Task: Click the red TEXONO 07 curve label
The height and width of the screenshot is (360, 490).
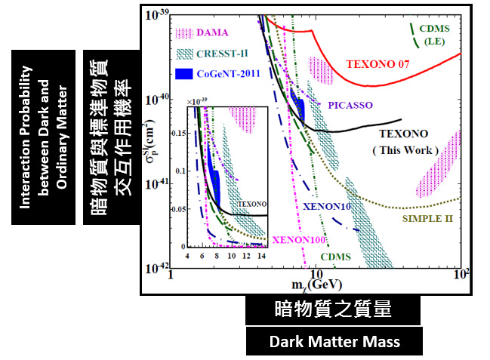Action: pyautogui.click(x=378, y=63)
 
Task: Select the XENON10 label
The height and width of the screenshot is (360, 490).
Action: pyautogui.click(x=325, y=206)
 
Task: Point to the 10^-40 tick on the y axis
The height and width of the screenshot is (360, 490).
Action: pyautogui.click(x=156, y=99)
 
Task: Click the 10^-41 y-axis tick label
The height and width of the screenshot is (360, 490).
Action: pyautogui.click(x=156, y=183)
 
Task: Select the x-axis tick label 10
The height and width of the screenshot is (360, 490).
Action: pyautogui.click(x=316, y=272)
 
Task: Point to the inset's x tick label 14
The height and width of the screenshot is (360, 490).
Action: pyautogui.click(x=261, y=256)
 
